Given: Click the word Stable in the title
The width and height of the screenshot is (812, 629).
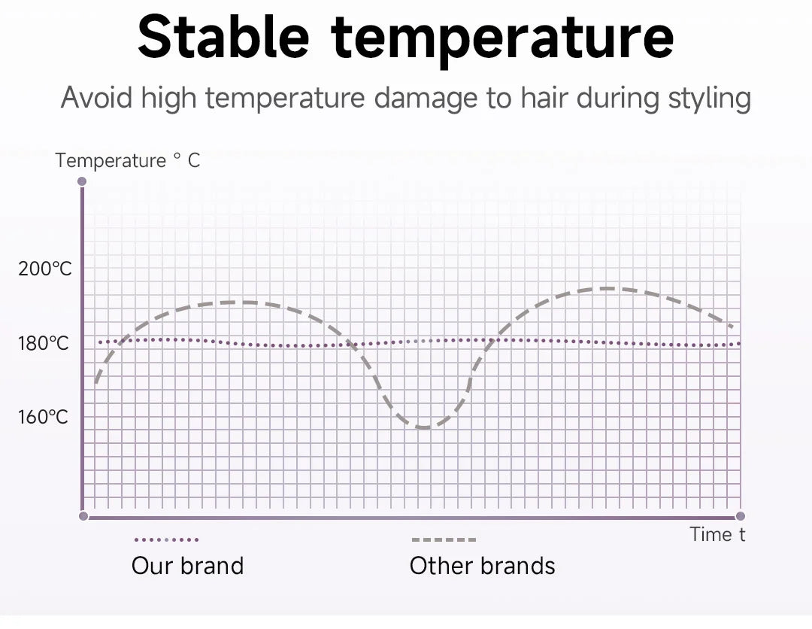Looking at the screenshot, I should click(224, 38).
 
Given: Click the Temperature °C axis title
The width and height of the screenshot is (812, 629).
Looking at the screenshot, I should click(128, 160).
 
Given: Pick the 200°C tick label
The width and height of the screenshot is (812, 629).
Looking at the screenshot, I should click(45, 269).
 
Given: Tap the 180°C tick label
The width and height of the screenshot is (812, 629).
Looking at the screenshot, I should click(44, 344).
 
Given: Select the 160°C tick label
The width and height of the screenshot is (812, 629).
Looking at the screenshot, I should click(44, 416).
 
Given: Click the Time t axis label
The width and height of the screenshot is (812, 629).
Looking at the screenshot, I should click(718, 535).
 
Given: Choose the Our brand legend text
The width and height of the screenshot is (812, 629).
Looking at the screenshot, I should click(187, 566).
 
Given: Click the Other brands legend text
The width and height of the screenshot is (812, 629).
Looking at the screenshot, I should click(482, 566).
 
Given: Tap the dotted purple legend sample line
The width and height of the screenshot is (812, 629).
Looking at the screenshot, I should click(166, 539).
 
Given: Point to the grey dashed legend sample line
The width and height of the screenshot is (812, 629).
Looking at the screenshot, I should click(444, 539).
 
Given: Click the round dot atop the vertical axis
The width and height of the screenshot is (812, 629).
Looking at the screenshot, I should click(82, 181).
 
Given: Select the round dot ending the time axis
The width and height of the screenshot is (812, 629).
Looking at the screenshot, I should click(740, 516).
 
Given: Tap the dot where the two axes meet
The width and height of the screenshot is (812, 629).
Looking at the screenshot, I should click(83, 516).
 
